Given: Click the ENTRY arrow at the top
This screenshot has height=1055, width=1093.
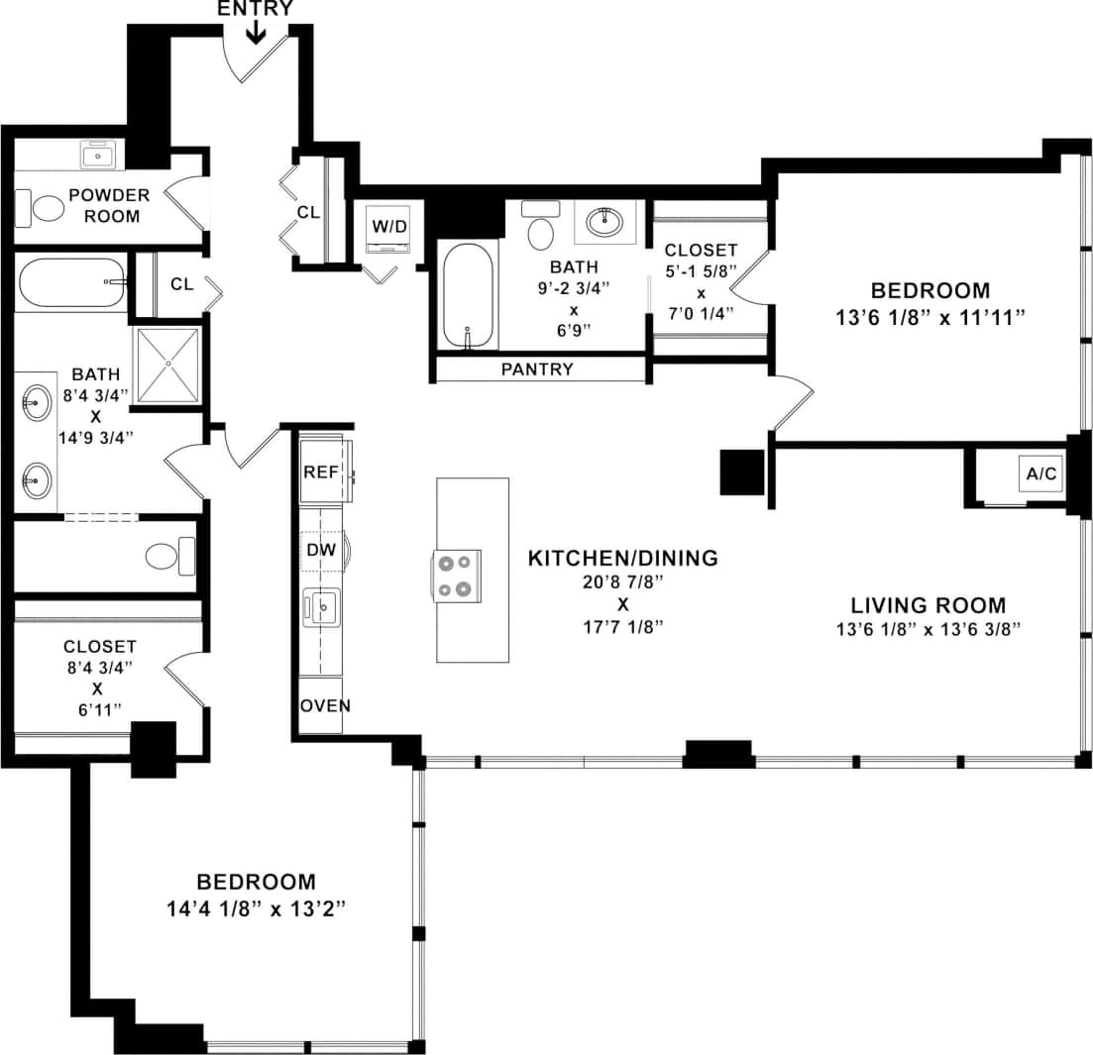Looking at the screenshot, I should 256,33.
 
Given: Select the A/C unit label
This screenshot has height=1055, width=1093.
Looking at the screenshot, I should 1040,475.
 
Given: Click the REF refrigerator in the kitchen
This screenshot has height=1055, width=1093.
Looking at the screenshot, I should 321,472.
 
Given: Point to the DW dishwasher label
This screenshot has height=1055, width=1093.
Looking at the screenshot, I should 320,549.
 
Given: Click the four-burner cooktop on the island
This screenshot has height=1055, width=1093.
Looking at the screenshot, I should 456,575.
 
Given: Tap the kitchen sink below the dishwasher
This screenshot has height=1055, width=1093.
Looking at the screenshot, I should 322,606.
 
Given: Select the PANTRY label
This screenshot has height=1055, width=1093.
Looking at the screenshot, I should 537,369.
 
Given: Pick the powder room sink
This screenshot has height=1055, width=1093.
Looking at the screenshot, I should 98,156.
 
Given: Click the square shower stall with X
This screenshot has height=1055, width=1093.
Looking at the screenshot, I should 167,365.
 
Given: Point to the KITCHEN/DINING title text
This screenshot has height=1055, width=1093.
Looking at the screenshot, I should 622,558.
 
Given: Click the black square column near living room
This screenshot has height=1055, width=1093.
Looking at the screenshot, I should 740,473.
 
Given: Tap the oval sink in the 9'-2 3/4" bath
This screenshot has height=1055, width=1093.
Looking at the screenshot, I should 604,220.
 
